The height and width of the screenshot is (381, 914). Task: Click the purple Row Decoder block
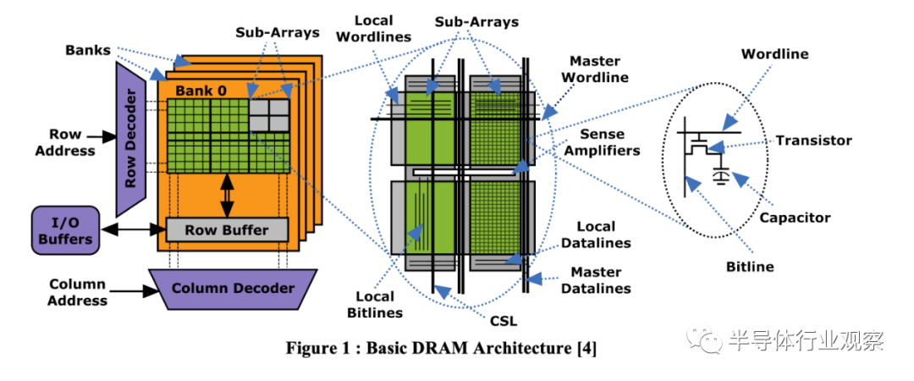(x=131, y=140)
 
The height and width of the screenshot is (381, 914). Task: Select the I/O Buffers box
(x=65, y=229)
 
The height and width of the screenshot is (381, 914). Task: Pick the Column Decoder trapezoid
(x=233, y=288)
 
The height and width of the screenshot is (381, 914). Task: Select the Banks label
(x=88, y=50)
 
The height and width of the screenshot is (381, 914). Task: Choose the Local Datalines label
(x=603, y=235)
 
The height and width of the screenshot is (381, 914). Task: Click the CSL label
(x=503, y=321)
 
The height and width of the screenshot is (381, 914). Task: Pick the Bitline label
(x=749, y=267)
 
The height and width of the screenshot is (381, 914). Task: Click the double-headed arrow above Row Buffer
(x=227, y=194)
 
